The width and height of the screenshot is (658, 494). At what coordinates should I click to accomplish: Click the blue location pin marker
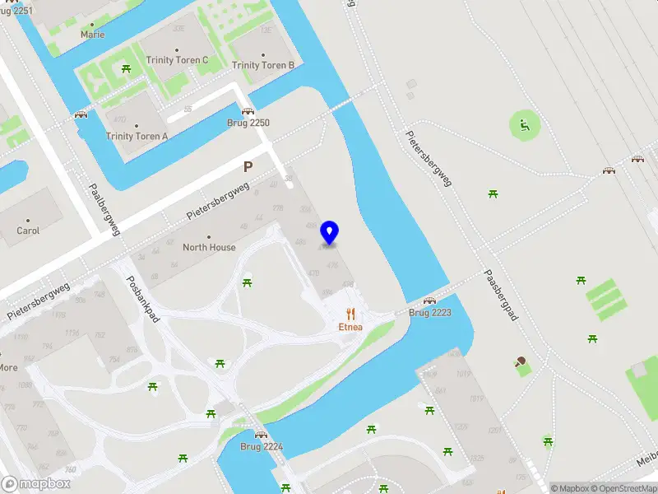(x=330, y=232)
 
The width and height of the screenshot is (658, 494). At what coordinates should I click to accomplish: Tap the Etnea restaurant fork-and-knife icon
(x=350, y=313)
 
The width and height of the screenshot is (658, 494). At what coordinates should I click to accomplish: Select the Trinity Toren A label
(x=137, y=137)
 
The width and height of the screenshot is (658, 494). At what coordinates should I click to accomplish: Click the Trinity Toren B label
(x=263, y=66)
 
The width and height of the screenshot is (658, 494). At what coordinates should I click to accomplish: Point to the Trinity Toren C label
(x=177, y=60)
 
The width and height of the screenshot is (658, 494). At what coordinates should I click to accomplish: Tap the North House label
(x=209, y=247)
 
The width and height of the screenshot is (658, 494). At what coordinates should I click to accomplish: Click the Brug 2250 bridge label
(x=248, y=123)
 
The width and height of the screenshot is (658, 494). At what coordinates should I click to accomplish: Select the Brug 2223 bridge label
(x=430, y=313)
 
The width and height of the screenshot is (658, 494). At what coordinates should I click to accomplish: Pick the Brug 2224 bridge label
(x=262, y=446)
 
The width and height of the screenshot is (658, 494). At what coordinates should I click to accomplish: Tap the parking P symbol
(x=248, y=167)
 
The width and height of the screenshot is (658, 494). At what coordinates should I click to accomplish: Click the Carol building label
(x=28, y=231)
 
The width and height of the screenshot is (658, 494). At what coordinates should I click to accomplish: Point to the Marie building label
(x=92, y=35)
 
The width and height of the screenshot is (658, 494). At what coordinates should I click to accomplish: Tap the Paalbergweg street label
(x=105, y=209)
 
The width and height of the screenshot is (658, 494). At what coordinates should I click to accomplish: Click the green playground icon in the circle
(x=522, y=126)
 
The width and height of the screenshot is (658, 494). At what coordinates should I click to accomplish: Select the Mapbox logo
(x=36, y=484)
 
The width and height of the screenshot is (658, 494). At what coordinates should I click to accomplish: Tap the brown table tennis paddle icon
(x=520, y=361)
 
